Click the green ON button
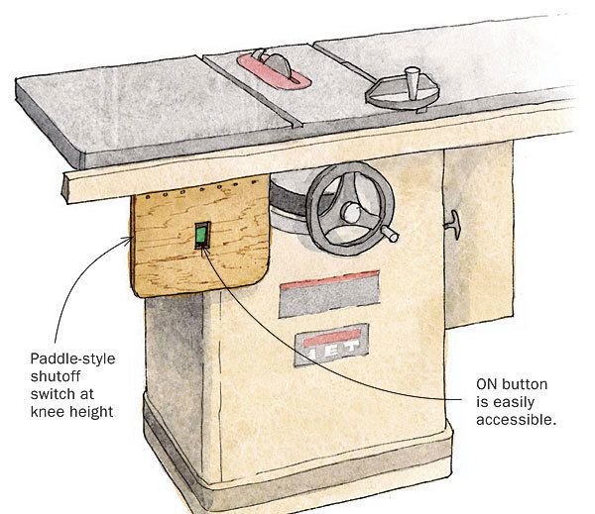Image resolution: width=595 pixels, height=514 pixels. click(201, 235)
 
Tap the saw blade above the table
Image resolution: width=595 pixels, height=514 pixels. click(277, 64)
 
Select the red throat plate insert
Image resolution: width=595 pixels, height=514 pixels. click(274, 71)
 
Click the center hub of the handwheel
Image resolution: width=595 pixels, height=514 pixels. click(351, 212)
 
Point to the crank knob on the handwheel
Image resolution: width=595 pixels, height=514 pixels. click(390, 233)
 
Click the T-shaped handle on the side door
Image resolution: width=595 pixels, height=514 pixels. click(453, 225)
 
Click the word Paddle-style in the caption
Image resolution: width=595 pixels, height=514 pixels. click(72, 359)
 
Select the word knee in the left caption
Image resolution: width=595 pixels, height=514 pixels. click(48, 411)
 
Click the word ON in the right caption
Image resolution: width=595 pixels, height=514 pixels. click(486, 384)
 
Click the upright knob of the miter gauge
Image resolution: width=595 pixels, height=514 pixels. click(413, 82)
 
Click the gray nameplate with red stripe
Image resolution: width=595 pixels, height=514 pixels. click(329, 294)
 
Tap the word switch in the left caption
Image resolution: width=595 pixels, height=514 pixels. click(51, 394)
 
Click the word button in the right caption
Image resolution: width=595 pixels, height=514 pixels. click(524, 384)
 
